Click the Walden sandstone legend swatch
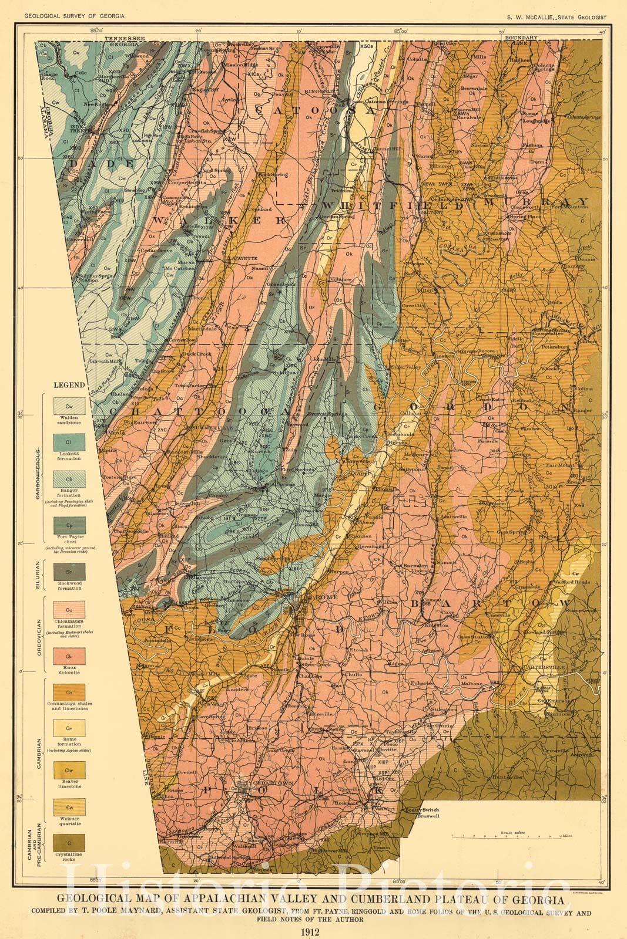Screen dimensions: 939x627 click(x=69, y=406)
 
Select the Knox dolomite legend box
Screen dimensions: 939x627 click(x=69, y=656)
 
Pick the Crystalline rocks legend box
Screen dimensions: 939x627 click(x=69, y=843)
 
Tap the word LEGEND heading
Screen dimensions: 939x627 click(x=69, y=386)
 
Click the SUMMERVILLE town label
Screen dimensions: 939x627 click(x=209, y=427)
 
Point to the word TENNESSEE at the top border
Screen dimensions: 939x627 click(x=125, y=38)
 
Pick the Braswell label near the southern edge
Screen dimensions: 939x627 click(x=428, y=816)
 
